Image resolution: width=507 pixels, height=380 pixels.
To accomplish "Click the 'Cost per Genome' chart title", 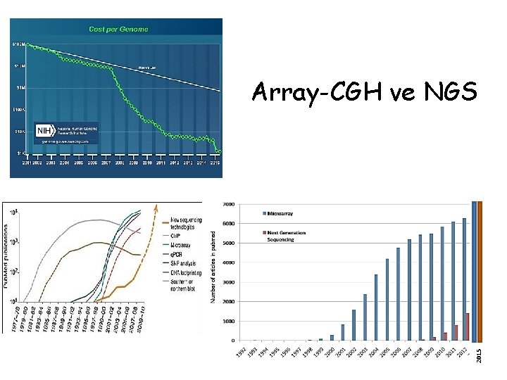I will pos(118,29).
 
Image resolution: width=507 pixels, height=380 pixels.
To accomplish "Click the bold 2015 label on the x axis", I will pos(479,352).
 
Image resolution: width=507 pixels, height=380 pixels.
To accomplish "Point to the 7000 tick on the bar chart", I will pos(229,204).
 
